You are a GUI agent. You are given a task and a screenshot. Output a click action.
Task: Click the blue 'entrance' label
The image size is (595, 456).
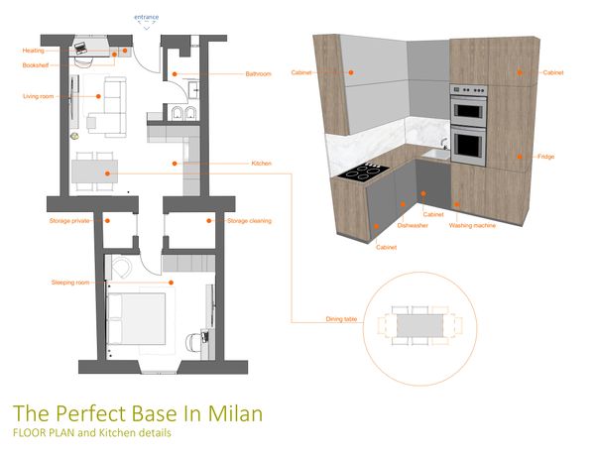tap(146, 17)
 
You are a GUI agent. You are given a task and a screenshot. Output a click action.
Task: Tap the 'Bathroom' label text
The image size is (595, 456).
tap(258, 74)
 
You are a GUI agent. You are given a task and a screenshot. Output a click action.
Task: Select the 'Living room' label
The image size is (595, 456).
tap(39, 96)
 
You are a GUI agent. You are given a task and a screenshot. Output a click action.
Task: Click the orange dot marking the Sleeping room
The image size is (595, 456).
tap(172, 283)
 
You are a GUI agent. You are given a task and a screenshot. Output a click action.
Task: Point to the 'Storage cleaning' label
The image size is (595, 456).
tap(249, 221)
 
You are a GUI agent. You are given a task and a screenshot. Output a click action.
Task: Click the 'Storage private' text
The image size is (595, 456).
tap(69, 221)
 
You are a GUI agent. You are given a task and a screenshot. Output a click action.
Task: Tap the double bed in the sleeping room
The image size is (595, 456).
tap(136, 319)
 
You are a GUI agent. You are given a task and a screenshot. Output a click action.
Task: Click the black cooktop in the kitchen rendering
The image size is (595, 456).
tap(363, 171)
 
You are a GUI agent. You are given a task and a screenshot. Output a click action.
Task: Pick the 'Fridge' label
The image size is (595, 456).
tap(545, 157)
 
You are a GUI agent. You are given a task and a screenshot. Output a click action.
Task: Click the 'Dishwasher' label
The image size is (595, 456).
tap(413, 225)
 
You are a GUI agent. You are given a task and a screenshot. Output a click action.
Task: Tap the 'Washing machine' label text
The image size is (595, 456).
tap(472, 225)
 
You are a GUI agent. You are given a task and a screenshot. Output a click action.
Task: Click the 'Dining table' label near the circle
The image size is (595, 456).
tap(341, 319)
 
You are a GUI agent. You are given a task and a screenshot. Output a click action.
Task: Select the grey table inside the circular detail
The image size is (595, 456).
tap(419, 325)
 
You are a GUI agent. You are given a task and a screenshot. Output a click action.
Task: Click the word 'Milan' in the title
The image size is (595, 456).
tap(235, 413)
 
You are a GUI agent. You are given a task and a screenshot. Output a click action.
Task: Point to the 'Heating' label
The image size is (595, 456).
tap(34, 51)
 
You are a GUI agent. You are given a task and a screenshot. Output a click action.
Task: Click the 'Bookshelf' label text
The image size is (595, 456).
tap(36, 65)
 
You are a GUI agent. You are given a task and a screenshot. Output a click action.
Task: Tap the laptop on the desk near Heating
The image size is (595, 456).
tap(80, 48)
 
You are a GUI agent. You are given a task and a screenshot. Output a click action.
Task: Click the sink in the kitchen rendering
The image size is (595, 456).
tap(436, 154)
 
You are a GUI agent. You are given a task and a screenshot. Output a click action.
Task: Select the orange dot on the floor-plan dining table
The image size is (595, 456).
tap(107, 173)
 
